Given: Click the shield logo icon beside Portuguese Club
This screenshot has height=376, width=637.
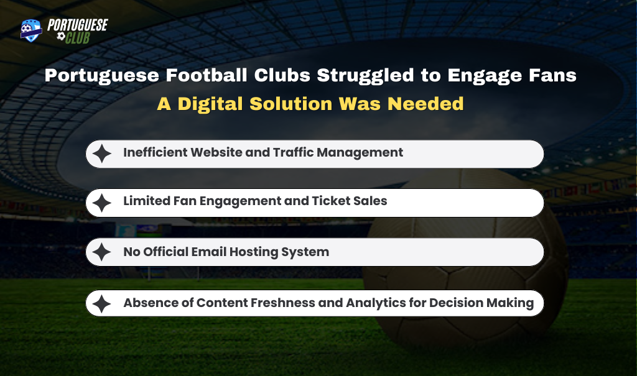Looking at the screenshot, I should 31,30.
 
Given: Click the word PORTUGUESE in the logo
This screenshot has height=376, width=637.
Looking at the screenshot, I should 77,25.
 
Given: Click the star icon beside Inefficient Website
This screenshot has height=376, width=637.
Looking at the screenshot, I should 101,154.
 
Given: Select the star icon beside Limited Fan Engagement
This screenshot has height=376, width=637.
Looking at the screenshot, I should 101,203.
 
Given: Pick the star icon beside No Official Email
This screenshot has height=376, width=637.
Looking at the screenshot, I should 101,252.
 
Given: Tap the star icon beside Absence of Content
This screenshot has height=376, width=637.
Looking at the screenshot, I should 101,303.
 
